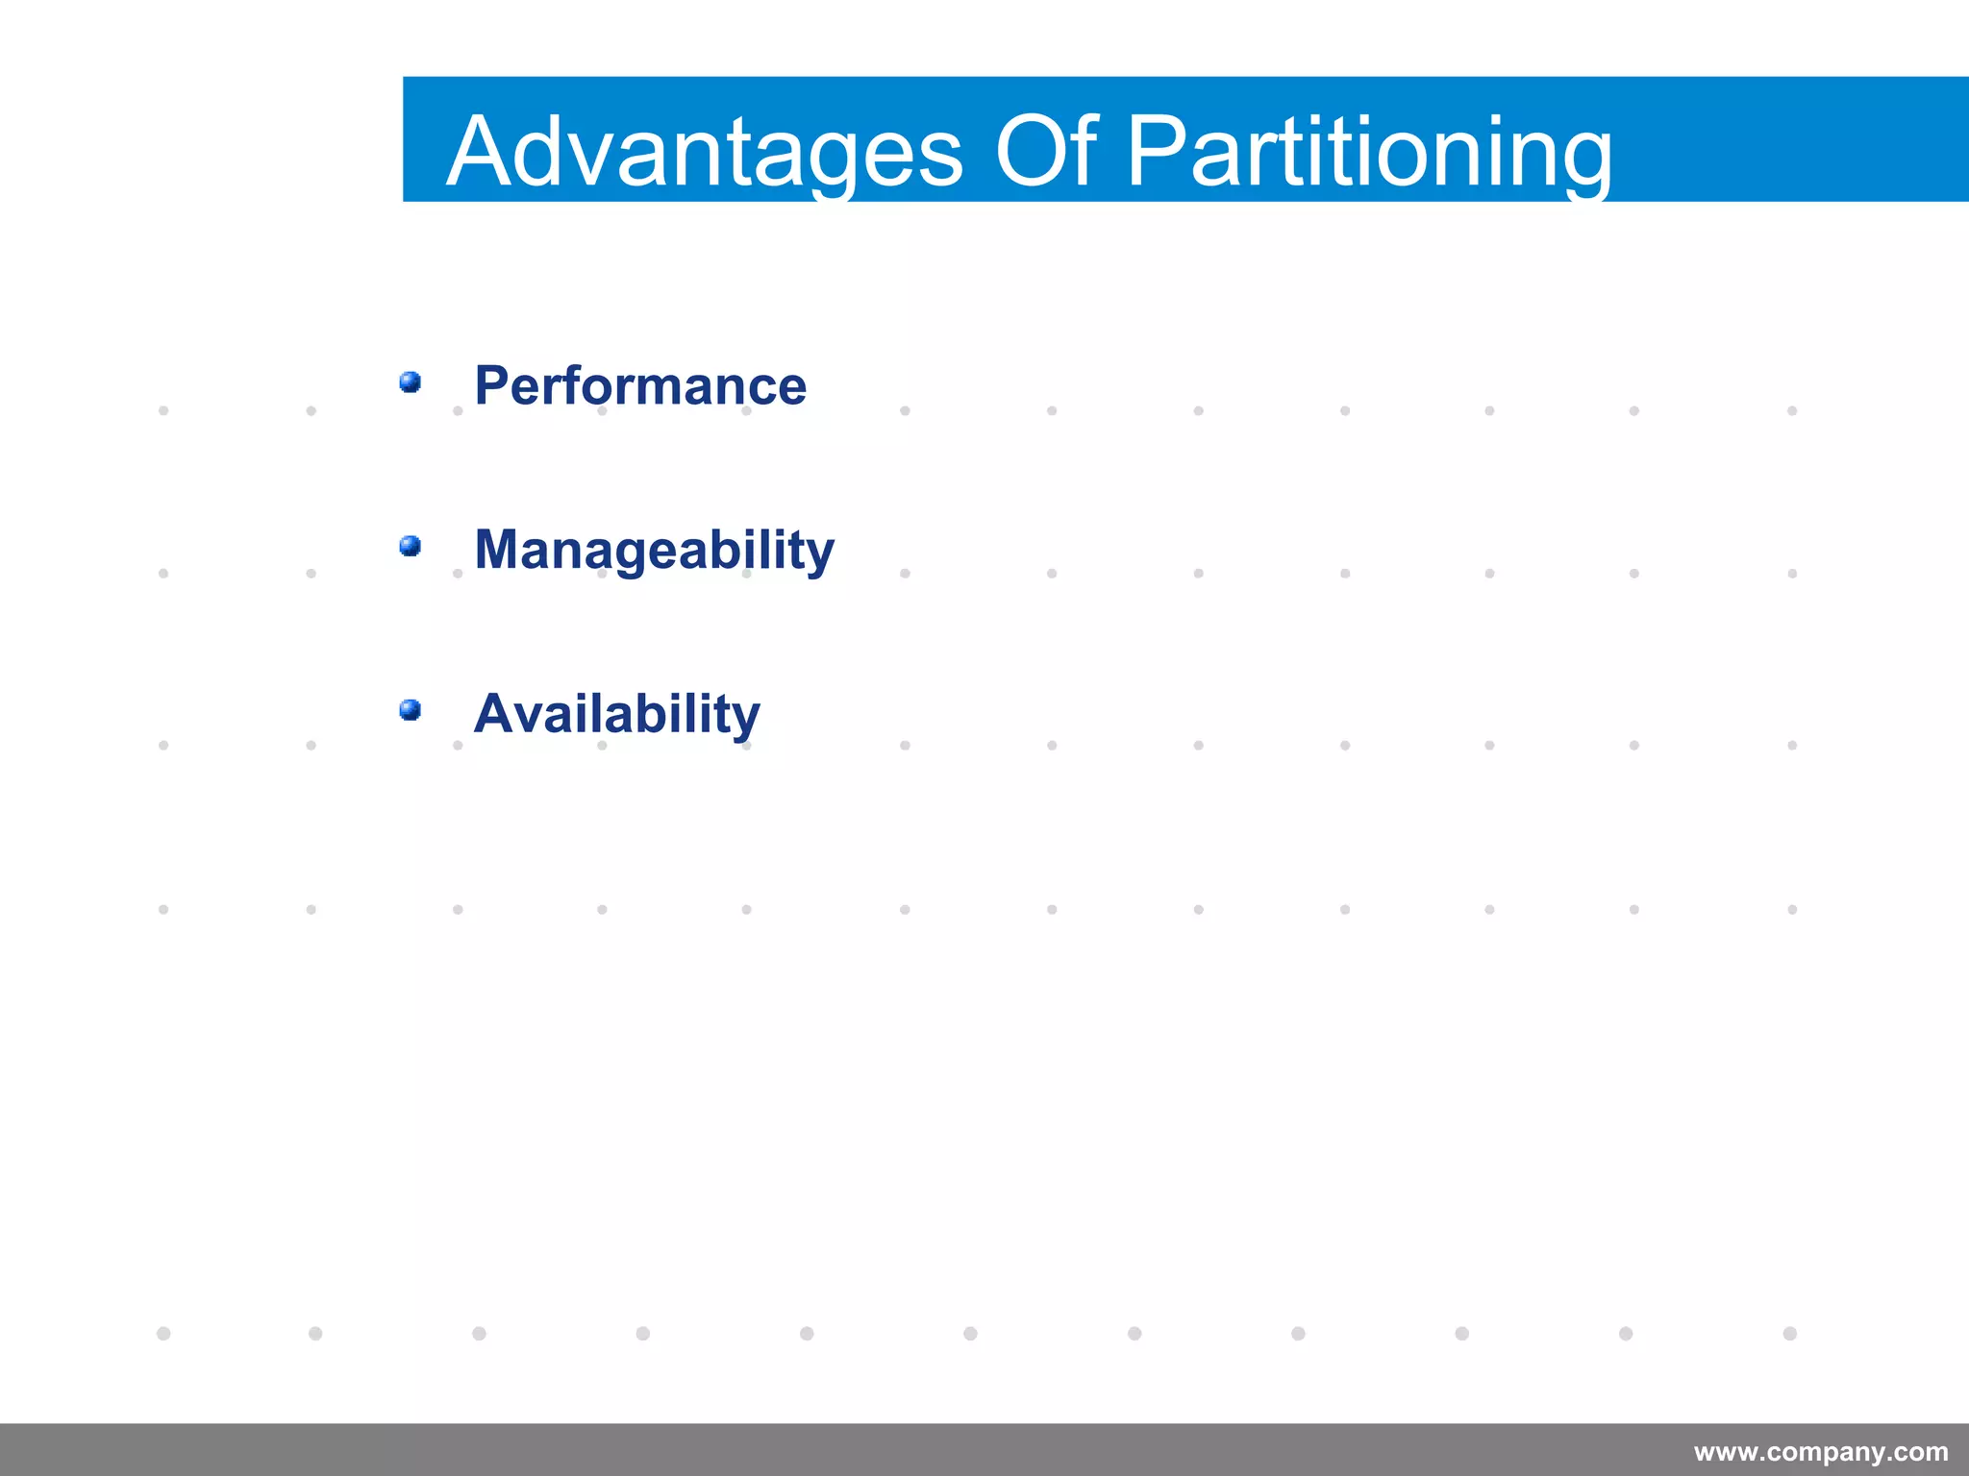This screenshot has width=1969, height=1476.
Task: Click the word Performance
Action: click(640, 386)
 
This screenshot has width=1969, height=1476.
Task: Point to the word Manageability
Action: click(654, 551)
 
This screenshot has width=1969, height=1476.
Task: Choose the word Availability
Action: click(616, 714)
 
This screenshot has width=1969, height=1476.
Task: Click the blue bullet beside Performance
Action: click(411, 382)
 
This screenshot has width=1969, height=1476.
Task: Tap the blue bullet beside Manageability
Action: click(411, 546)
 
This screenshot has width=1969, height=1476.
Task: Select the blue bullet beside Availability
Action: click(411, 710)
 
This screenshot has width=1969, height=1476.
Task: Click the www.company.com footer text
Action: click(1821, 1451)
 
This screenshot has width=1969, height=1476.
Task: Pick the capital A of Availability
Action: click(495, 714)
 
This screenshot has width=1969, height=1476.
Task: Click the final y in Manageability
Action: click(819, 555)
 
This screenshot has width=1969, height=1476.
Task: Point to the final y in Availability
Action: click(745, 720)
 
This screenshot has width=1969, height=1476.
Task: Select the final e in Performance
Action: click(791, 390)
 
